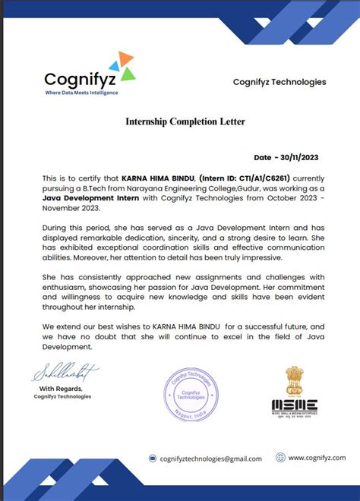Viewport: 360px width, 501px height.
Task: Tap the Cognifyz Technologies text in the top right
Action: point(279,82)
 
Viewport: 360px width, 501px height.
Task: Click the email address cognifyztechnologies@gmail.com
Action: point(210,458)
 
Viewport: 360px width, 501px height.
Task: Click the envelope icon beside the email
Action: point(153,458)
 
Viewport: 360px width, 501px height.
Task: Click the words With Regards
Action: point(57,389)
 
